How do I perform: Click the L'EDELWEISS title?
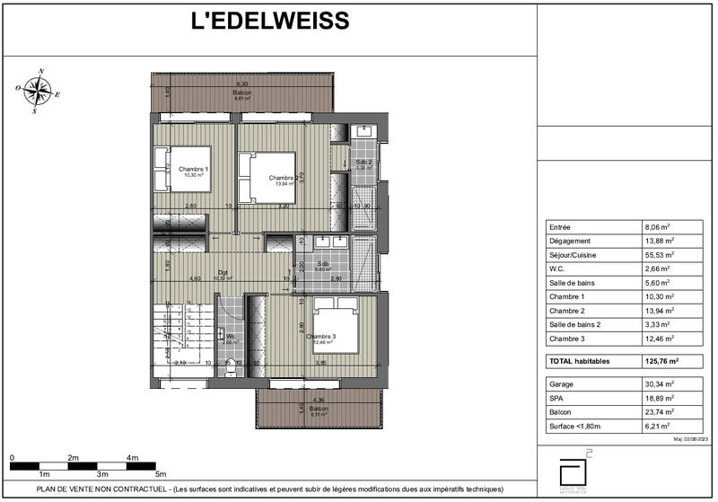click(x=270, y=21)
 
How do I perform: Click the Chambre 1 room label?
click(x=193, y=170)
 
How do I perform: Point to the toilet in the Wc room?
click(x=232, y=367)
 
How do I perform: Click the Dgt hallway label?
click(x=222, y=272)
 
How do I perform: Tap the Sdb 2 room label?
click(x=363, y=163)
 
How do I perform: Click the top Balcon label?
click(x=242, y=92)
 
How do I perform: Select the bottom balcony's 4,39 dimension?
click(x=319, y=399)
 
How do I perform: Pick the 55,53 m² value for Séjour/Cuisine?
click(x=662, y=255)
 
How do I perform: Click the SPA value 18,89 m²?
click(x=662, y=397)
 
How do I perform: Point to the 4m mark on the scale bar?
click(x=133, y=457)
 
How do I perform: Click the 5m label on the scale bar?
click(x=162, y=473)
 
